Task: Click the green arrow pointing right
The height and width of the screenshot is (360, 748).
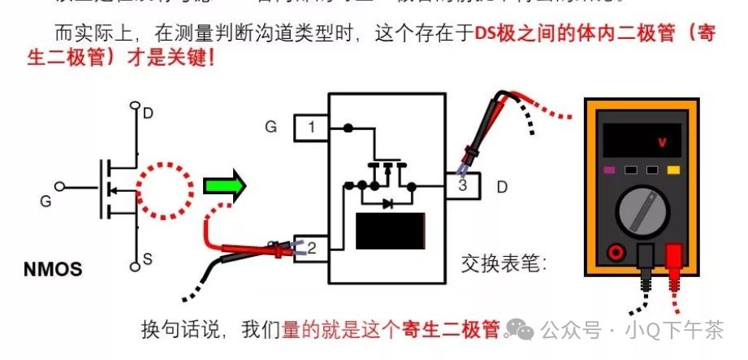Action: [x=223, y=186]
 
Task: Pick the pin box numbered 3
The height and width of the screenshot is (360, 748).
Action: [x=463, y=186]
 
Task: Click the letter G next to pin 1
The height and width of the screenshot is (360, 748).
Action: [x=271, y=127]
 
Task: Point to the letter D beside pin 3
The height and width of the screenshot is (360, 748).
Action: [x=502, y=187]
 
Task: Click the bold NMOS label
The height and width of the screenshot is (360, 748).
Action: [x=53, y=269]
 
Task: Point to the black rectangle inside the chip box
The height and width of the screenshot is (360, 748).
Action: [x=391, y=230]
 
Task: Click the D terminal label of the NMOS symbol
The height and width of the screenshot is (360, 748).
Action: [x=148, y=113]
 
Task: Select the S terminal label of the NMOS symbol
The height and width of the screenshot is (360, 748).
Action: [x=148, y=259]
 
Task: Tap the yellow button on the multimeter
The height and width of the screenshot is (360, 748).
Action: [x=673, y=171]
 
